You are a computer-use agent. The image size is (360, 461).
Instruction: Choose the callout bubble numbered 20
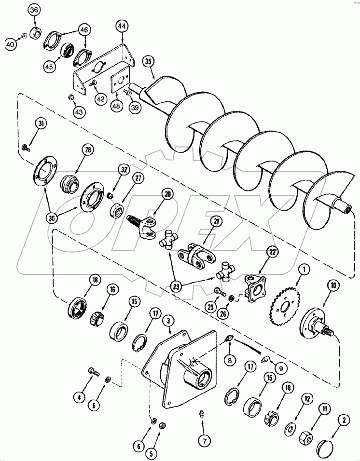pyautogui.click(x=154, y=194)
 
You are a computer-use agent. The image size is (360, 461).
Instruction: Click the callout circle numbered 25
pyautogui.click(x=210, y=307)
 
